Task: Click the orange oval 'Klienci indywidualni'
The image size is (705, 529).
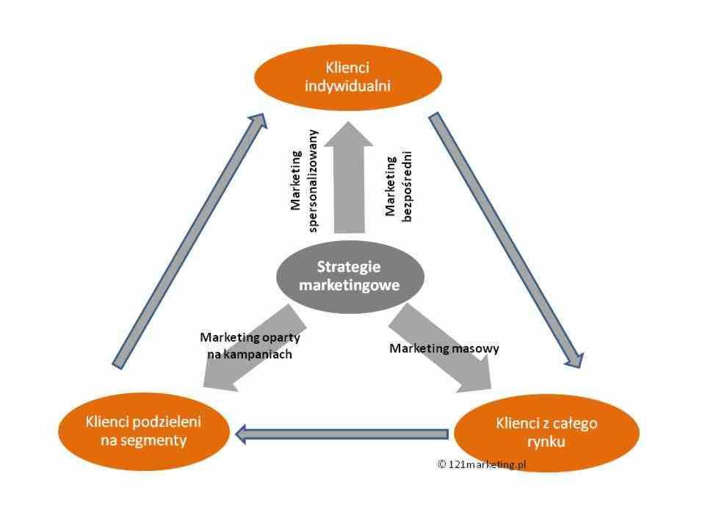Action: pyautogui.click(x=347, y=76)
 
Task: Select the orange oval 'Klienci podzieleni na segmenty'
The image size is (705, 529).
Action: pyautogui.click(x=143, y=431)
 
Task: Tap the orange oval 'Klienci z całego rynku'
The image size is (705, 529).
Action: pyautogui.click(x=546, y=433)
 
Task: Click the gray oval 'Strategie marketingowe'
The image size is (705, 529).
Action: pyautogui.click(x=349, y=276)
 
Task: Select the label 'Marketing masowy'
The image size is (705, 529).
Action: pyautogui.click(x=444, y=348)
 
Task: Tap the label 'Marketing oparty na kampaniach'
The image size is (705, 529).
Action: pyautogui.click(x=250, y=345)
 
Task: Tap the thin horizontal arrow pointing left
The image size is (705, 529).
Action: pyautogui.click(x=341, y=434)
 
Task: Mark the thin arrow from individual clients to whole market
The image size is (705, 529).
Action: pyautogui.click(x=507, y=239)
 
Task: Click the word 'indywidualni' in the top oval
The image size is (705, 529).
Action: pyautogui.click(x=347, y=85)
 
